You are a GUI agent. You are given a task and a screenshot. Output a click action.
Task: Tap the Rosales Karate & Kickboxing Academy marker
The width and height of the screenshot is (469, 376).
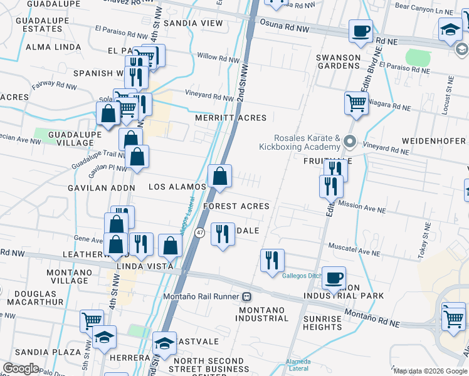click(x=350, y=143)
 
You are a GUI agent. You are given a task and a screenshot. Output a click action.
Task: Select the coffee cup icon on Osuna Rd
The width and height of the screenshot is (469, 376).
click(x=360, y=32)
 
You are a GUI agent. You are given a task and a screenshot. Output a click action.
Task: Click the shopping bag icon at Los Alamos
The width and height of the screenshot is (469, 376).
click(x=220, y=177)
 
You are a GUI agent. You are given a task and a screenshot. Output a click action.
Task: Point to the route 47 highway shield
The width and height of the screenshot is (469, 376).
click(x=199, y=232)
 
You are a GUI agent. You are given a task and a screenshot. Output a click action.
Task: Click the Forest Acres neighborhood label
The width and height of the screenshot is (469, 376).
click(x=236, y=206)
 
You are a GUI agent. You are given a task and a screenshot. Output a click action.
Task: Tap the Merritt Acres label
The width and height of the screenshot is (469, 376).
click(x=231, y=118)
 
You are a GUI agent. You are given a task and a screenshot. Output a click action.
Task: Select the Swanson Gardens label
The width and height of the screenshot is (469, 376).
click(x=339, y=62)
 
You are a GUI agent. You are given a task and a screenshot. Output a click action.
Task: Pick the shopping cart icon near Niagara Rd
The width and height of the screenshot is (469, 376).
click(x=356, y=102)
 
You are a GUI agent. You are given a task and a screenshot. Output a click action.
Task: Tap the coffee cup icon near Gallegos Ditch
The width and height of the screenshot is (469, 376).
click(x=334, y=278)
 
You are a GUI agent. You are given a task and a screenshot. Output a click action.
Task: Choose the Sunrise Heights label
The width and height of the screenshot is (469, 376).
click(x=322, y=323)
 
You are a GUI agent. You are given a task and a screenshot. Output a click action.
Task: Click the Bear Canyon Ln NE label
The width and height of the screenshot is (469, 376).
click(x=423, y=11)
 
